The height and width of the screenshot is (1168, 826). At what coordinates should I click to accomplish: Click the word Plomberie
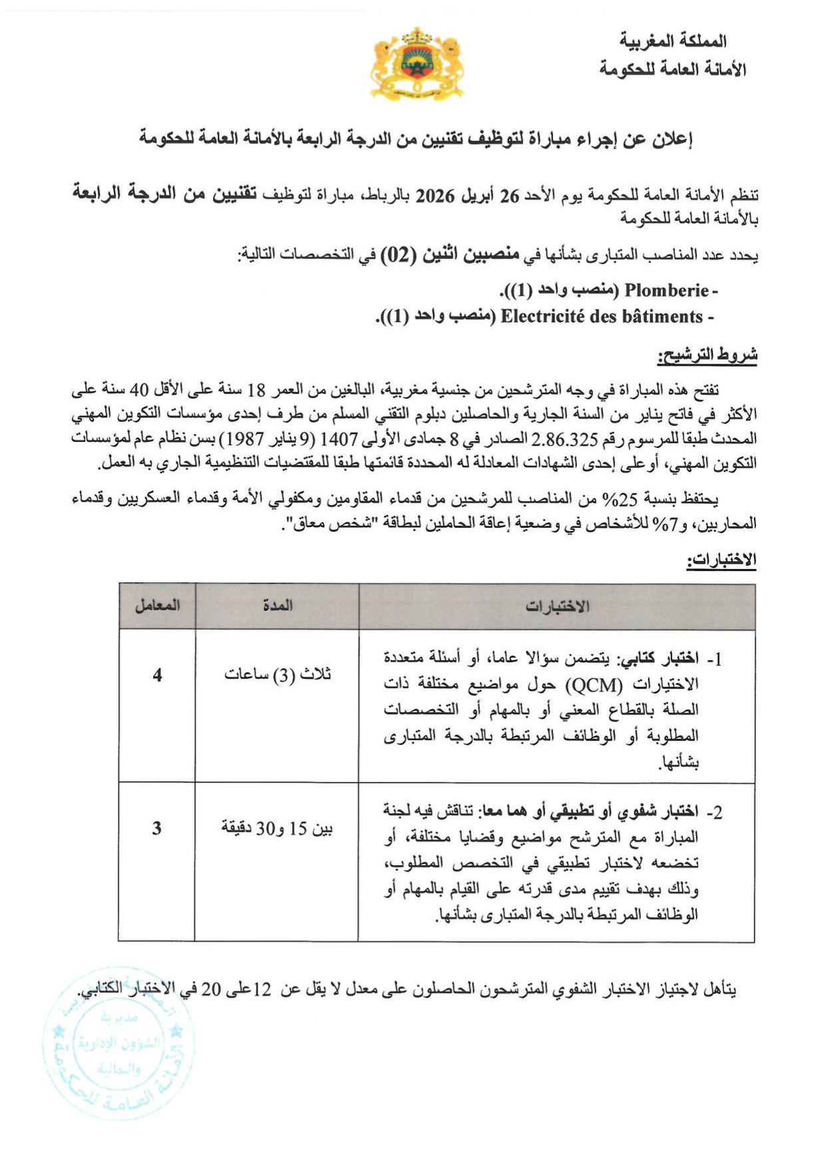coord(666,290)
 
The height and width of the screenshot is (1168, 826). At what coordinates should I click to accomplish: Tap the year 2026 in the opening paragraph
coord(435,196)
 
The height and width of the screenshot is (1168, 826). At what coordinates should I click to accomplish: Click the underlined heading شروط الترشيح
coord(707,355)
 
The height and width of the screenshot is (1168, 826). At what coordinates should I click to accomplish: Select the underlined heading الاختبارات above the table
coord(722,560)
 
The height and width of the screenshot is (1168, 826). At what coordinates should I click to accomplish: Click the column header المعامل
coord(157,606)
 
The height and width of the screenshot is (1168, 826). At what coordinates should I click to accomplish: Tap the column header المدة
coord(277,606)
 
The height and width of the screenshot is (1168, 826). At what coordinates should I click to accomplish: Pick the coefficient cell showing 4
coord(157,675)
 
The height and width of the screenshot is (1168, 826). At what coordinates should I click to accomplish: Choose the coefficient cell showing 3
coord(156,829)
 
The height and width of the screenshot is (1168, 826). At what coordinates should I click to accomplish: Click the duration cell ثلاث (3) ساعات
coord(278,675)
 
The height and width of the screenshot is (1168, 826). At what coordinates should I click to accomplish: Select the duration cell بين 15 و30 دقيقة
coord(277,829)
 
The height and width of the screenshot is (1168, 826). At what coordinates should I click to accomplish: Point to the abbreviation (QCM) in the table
coord(594,685)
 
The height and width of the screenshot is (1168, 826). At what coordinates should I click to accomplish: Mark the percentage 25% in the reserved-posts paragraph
coord(610,498)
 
